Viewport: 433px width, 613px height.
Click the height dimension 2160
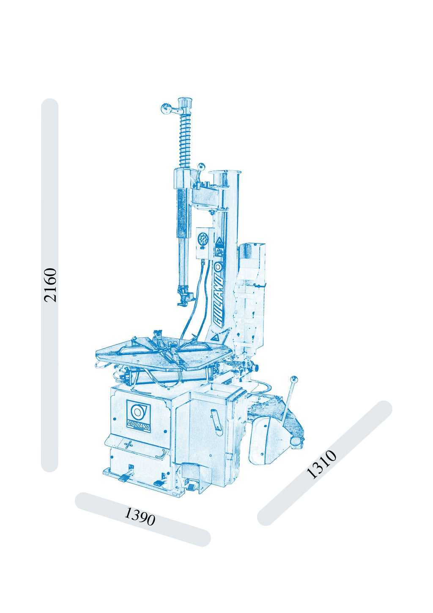pos(50,285)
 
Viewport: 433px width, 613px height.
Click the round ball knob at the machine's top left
pos(165,108)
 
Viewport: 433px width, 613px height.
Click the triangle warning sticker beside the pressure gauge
pos(219,241)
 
